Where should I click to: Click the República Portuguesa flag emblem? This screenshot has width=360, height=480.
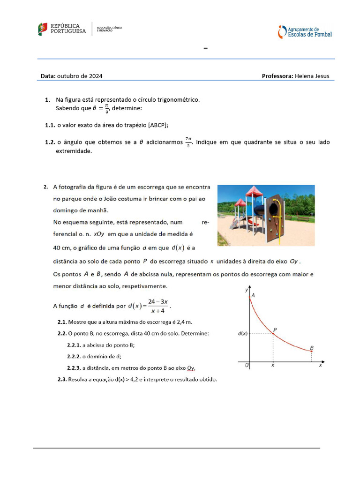tap(43, 29)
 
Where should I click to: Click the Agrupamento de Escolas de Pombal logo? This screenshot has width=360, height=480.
tap(305, 32)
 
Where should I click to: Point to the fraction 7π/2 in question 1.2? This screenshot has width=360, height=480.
tap(188, 142)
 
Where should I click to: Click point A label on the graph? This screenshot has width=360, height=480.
tap(253, 295)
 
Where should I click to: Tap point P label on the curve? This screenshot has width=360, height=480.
tap(275, 330)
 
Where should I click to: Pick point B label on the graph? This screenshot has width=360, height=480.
tap(312, 348)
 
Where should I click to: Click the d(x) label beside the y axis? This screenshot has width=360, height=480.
tap(242, 334)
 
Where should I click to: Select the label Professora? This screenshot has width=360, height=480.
tap(277, 76)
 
